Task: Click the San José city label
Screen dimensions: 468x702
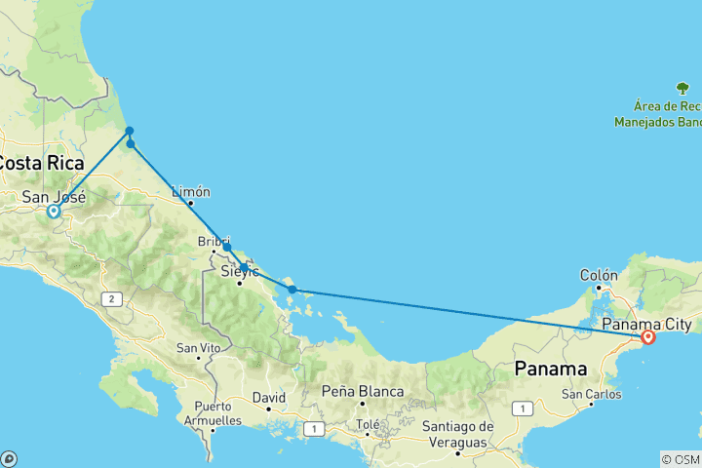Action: pos(55,197)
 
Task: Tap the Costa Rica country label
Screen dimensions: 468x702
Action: pos(41,163)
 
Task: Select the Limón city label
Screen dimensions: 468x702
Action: pos(190,192)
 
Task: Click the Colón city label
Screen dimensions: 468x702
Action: pos(599,275)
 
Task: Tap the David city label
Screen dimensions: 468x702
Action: pos(268,398)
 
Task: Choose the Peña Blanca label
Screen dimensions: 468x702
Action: pos(364,392)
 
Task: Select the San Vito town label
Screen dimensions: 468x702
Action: pos(198,348)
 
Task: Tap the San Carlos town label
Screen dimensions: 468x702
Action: pos(591,394)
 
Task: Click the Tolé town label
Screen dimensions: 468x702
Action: pos(368,424)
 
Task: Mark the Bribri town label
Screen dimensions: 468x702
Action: pos(214,240)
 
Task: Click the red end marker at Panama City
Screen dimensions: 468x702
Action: pos(647,337)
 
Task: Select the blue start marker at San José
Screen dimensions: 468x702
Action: pos(54,211)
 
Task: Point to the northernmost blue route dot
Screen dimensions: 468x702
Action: pos(129,131)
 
